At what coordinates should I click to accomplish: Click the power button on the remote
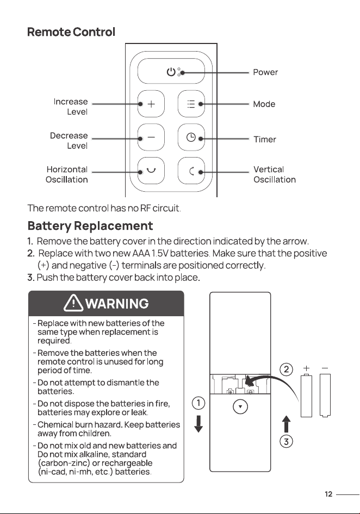click(171, 71)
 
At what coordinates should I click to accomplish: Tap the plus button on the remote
click(151, 104)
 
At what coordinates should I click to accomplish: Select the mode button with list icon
click(191, 104)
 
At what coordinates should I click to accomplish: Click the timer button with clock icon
click(191, 137)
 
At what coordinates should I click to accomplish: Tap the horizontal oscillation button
click(151, 171)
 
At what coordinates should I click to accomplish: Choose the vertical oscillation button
click(191, 171)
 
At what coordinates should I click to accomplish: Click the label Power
click(265, 72)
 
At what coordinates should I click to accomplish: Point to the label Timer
click(264, 139)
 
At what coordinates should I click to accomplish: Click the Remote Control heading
click(71, 32)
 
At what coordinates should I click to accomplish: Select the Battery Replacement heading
click(90, 226)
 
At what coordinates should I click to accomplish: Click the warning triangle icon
click(73, 303)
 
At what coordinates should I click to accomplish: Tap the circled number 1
click(198, 403)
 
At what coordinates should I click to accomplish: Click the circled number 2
click(286, 369)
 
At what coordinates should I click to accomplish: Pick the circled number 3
click(286, 441)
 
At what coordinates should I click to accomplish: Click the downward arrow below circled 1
click(198, 424)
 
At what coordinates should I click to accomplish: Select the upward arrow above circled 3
click(286, 424)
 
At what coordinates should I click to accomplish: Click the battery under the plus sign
click(307, 395)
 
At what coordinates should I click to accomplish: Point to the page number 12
click(328, 494)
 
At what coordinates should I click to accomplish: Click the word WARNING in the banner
click(117, 304)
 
